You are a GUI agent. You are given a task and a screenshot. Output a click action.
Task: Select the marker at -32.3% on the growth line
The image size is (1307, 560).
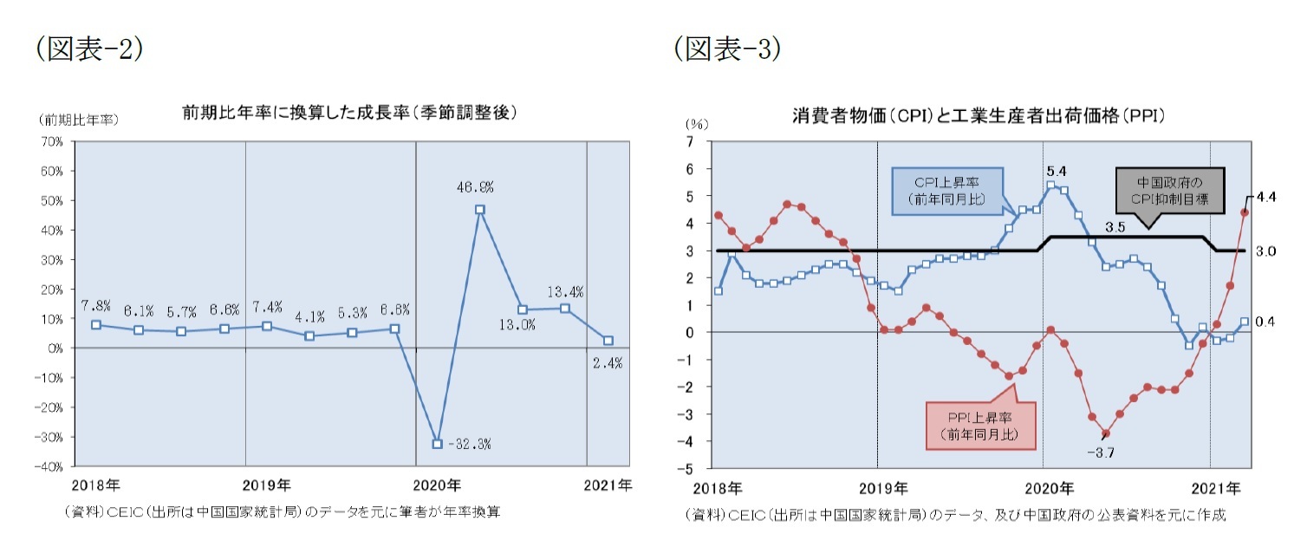pyautogui.click(x=437, y=444)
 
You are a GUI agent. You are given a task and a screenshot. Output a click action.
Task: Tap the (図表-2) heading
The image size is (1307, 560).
pyautogui.click(x=89, y=49)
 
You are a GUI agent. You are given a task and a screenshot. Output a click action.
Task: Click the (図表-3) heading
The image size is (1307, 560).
pyautogui.click(x=727, y=49)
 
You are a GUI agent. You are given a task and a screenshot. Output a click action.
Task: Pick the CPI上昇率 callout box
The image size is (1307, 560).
pyautogui.click(x=946, y=191)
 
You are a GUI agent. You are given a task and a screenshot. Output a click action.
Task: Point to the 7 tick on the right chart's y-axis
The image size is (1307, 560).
pyautogui.click(x=690, y=141)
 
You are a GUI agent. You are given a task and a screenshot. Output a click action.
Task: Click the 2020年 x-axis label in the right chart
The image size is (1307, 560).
pyautogui.click(x=1052, y=487)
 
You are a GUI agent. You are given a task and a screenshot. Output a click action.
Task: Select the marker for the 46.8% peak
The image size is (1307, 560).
pyautogui.click(x=479, y=210)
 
